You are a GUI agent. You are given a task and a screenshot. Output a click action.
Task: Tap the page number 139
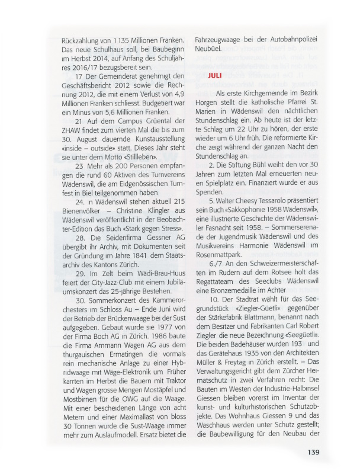[x=313, y=453]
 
